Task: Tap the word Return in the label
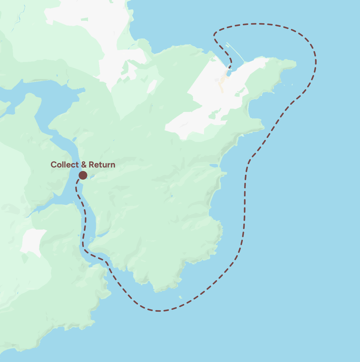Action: pos(102,165)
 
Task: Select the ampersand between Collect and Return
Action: pos(84,165)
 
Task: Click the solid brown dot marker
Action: pos(83,175)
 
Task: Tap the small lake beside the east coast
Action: pos(214,166)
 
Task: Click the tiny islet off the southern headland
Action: pos(181,297)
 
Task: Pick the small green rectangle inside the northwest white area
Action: pos(84,20)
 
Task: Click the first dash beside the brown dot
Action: pos(78,181)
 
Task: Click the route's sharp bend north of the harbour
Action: pos(214,35)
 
